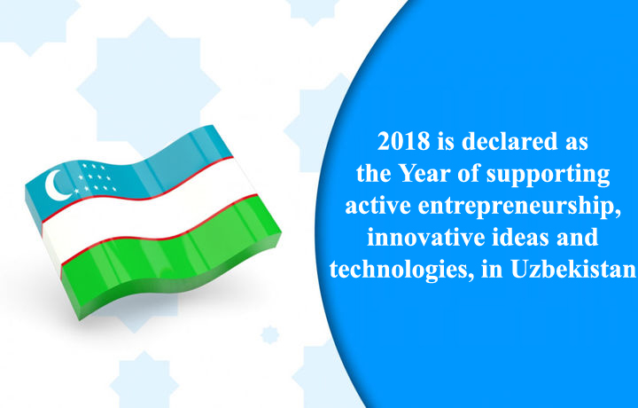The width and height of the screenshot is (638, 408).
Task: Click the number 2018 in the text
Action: click(x=403, y=141)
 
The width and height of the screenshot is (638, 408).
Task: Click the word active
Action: click(x=378, y=206)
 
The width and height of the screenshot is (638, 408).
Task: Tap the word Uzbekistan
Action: click(x=573, y=269)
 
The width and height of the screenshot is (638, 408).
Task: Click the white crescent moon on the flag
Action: click(x=56, y=185)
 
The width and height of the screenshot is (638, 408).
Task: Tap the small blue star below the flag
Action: click(x=269, y=334)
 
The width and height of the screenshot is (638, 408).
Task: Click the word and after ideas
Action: click(x=577, y=238)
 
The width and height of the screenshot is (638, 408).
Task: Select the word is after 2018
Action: click(x=446, y=141)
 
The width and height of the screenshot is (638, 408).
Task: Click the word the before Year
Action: click(x=374, y=174)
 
